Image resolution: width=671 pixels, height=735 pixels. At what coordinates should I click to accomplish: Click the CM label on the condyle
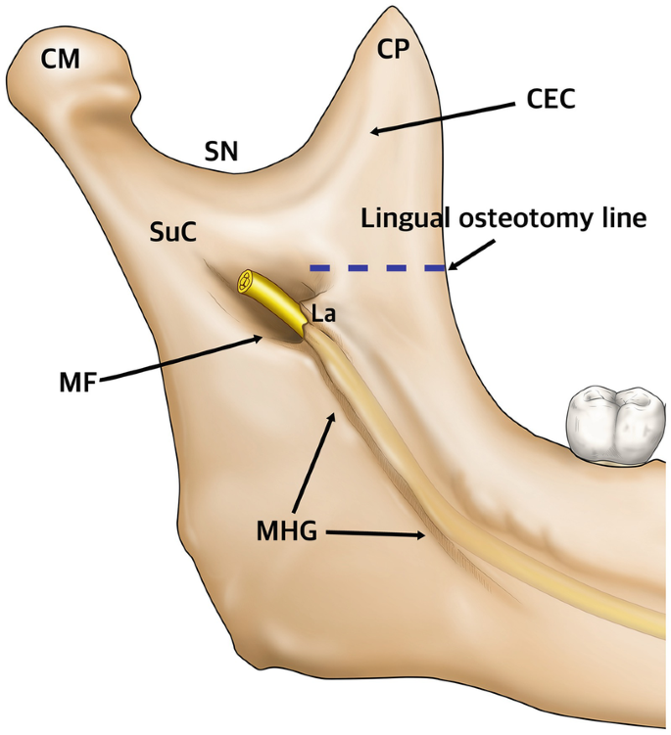pos(60,60)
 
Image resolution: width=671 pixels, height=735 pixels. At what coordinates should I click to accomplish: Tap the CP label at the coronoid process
pos(394,50)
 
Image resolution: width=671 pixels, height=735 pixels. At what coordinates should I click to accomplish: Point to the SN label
pos(221,151)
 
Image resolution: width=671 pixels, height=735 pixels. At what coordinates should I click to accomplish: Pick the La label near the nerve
pos(323,314)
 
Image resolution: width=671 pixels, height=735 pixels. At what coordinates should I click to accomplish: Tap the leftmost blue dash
pos(319,267)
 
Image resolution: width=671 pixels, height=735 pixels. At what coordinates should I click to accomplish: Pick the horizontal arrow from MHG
pos(377,534)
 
